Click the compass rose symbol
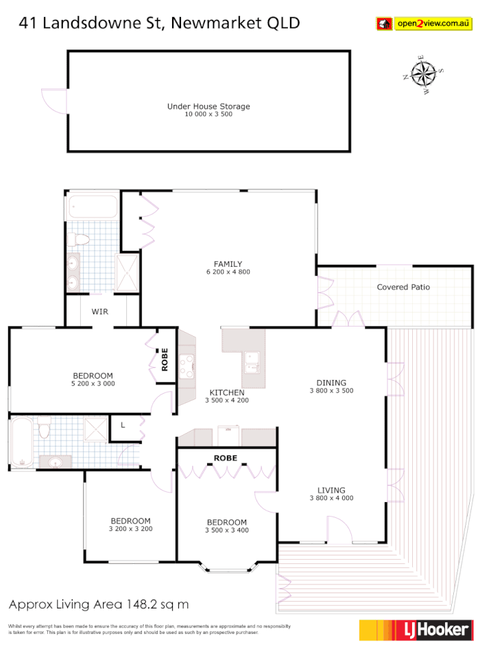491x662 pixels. coord(424,73)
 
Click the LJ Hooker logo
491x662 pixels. coord(416,630)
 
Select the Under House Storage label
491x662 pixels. coord(208,106)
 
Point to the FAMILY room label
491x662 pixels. coord(228,264)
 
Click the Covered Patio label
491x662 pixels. coord(403,287)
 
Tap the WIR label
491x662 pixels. coord(100,311)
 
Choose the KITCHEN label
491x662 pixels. coord(226,392)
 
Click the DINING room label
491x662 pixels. coord(331,383)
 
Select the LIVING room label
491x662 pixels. coord(331,490)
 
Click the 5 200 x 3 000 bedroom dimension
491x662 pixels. coord(93,384)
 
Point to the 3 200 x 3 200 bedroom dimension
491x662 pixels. coord(130,529)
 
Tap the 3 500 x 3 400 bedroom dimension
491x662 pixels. coord(226,530)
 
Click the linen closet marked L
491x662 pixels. coord(122,425)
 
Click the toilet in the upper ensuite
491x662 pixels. coord(78,239)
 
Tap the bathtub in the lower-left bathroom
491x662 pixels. coord(22,442)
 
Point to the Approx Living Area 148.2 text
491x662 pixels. coord(98,604)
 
